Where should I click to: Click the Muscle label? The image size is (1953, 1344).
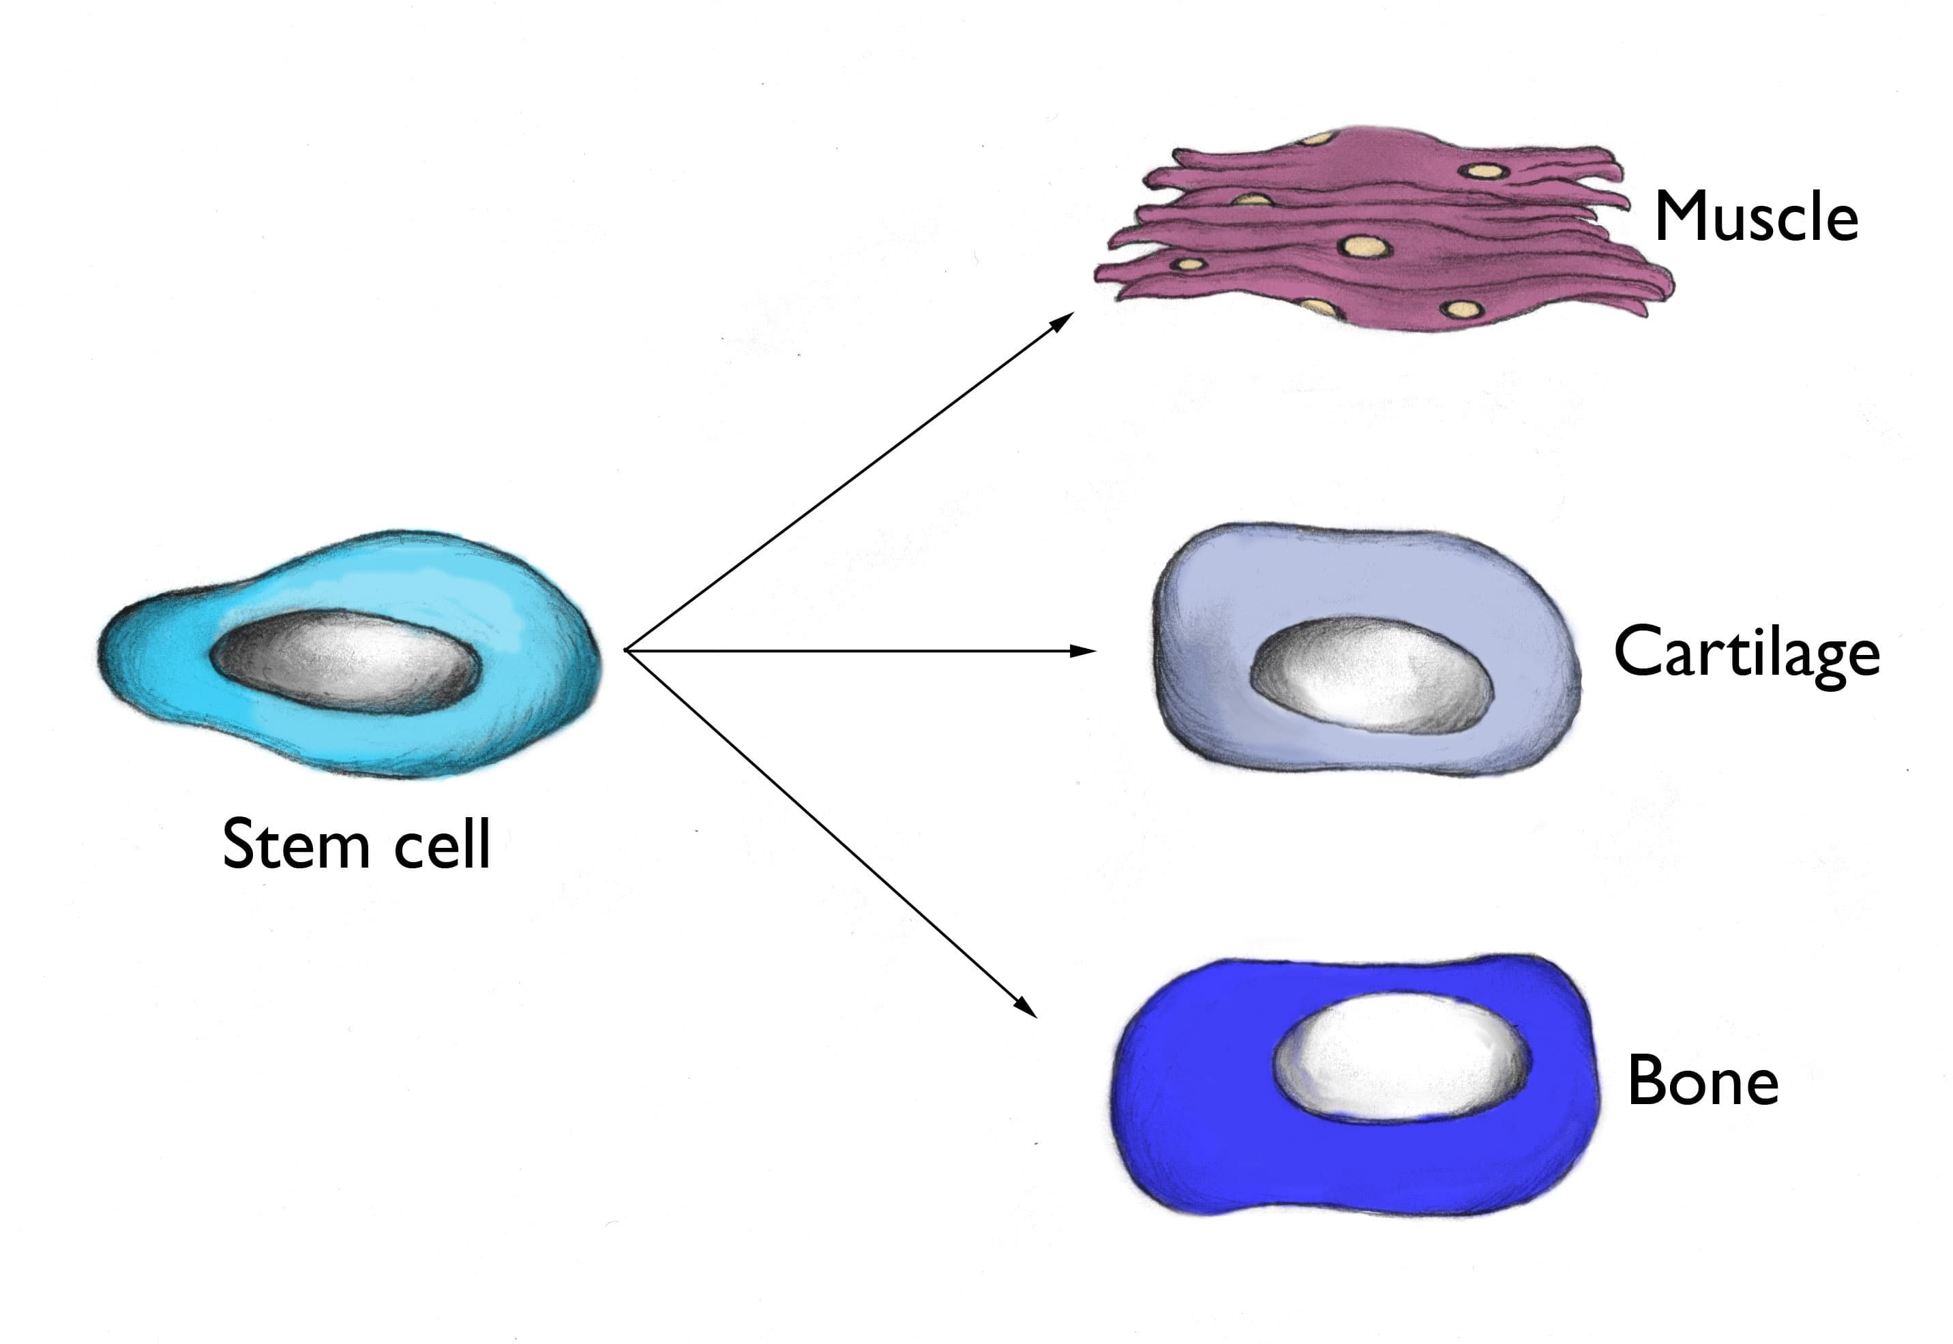[1756, 217]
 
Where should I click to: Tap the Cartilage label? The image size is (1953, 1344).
[1746, 653]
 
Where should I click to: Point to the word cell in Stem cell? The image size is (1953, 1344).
[443, 844]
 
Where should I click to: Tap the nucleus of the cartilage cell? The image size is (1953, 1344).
[1369, 673]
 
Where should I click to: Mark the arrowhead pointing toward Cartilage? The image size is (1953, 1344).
[1085, 651]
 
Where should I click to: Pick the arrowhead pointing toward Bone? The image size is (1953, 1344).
[1027, 1009]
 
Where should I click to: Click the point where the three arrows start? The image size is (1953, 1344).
[626, 651]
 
